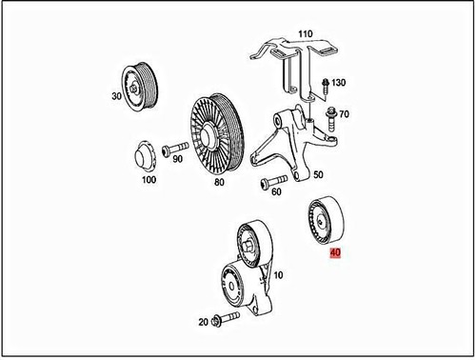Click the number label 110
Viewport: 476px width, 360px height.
pyautogui.click(x=306, y=34)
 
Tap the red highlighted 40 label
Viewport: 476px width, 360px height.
pyautogui.click(x=335, y=253)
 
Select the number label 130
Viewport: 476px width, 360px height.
pyautogui.click(x=340, y=83)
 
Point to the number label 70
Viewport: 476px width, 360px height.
pyautogui.click(x=344, y=114)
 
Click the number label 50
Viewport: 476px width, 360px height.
pyautogui.click(x=319, y=175)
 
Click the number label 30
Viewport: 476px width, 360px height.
pyautogui.click(x=117, y=96)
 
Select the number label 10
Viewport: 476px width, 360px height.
pyautogui.click(x=278, y=275)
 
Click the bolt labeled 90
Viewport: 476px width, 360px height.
pyautogui.click(x=175, y=150)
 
